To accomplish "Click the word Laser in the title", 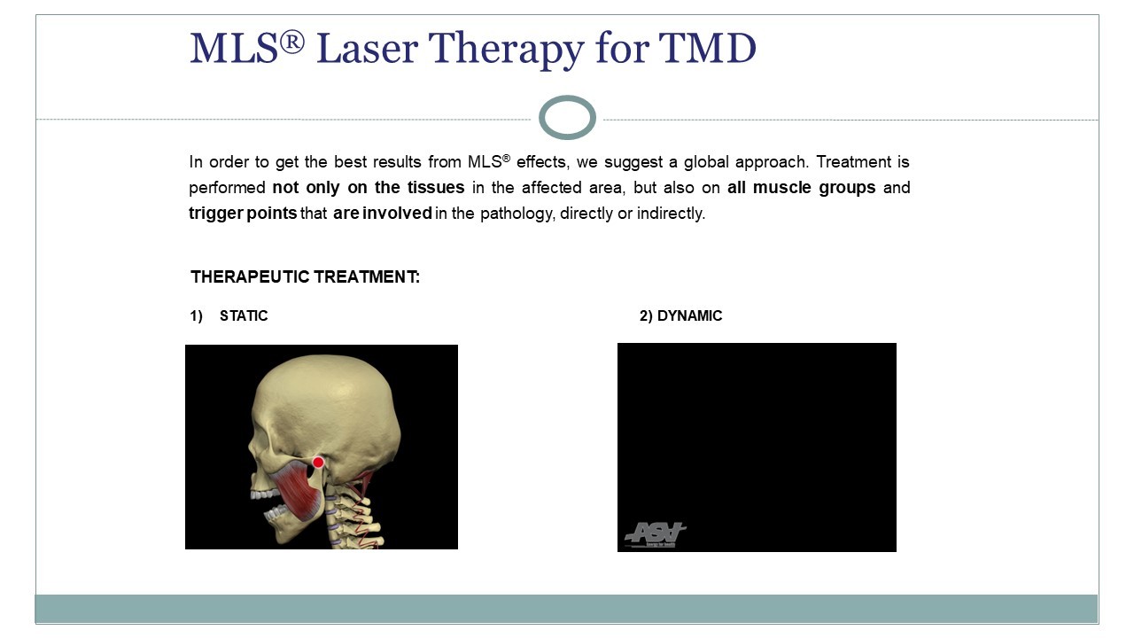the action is coord(367,49).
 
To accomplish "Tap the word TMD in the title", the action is coord(707,49).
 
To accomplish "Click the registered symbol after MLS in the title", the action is coord(291,42).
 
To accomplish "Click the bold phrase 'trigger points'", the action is coord(243,214).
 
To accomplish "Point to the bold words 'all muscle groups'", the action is coord(802,187).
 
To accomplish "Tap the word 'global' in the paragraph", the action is coord(706,162).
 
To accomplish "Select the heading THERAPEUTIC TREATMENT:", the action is coord(306,277).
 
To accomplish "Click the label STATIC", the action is coord(244,316).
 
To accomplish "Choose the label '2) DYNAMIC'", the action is coord(681,316).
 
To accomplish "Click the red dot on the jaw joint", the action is coord(318,462).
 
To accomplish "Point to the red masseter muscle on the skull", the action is coord(298,491).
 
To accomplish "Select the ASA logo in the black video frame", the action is coord(655,534).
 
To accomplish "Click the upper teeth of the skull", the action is coord(263,495).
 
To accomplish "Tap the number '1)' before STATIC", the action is coord(196,316).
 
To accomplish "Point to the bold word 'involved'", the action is coord(397,214).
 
